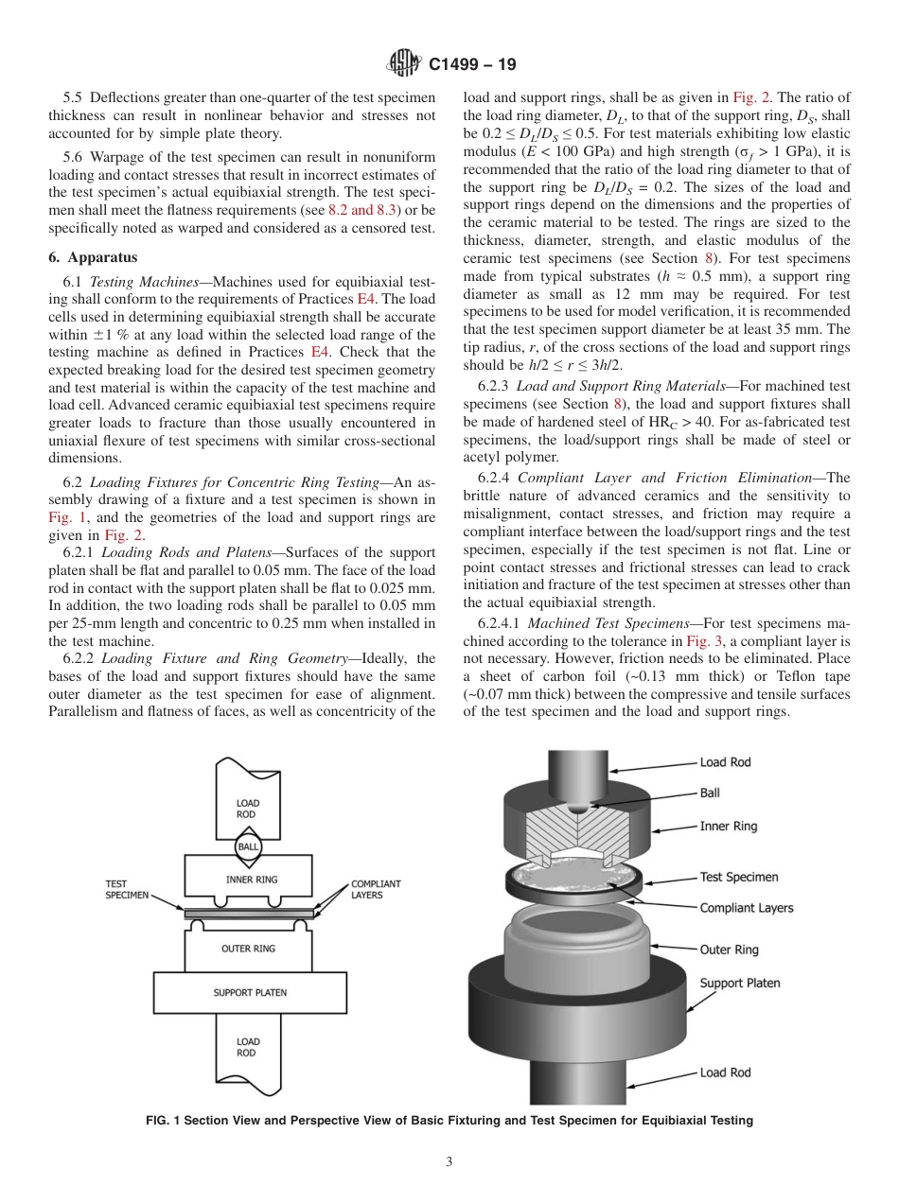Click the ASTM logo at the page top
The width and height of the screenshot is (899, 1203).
pyautogui.click(x=403, y=64)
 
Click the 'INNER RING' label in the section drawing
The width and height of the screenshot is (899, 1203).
pyautogui.click(x=252, y=880)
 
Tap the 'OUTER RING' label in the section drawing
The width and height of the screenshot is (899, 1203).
pyautogui.click(x=248, y=949)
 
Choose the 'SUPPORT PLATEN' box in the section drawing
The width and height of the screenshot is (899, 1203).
pyautogui.click(x=250, y=993)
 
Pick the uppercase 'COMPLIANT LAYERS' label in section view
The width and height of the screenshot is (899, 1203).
pyautogui.click(x=376, y=889)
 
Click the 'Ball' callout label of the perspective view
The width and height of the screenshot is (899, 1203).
pyautogui.click(x=710, y=793)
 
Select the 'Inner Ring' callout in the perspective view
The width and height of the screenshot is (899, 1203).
pyautogui.click(x=728, y=826)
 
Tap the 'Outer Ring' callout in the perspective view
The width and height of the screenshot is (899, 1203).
pyautogui.click(x=729, y=949)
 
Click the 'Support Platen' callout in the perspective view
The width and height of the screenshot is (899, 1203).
pyautogui.click(x=739, y=983)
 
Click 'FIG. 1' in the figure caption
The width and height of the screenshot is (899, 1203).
pyautogui.click(x=163, y=1121)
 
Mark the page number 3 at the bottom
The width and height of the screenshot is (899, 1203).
pyautogui.click(x=449, y=1162)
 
